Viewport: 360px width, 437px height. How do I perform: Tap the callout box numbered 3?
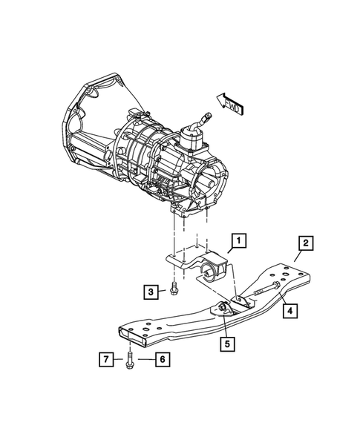[150, 292]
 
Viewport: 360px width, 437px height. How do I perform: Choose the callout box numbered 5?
[225, 344]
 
